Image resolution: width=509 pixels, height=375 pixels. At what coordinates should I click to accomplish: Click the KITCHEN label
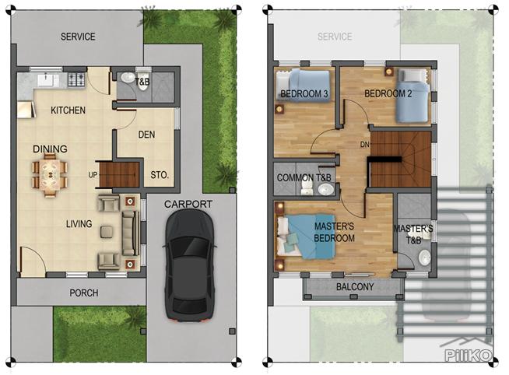tap(68, 110)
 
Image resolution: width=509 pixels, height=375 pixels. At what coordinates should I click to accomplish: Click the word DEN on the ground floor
tap(146, 135)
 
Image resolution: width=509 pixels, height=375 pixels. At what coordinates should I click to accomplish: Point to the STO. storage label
tap(159, 174)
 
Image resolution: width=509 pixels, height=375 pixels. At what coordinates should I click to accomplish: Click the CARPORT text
tap(188, 204)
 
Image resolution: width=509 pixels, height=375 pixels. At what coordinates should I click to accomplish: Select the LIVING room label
tap(79, 224)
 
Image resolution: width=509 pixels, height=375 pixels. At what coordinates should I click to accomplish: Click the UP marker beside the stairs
tap(93, 175)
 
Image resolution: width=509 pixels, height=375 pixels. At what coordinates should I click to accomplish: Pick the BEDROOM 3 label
tap(304, 95)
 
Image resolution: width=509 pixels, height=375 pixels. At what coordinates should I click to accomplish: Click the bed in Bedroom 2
tap(412, 96)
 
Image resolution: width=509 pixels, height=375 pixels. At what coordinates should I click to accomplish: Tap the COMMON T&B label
tap(306, 178)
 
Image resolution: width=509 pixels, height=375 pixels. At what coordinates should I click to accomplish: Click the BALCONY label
tap(355, 287)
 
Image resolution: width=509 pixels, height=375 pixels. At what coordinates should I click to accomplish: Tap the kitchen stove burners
tap(76, 79)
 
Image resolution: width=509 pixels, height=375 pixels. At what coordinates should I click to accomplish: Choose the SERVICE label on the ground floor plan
tap(78, 37)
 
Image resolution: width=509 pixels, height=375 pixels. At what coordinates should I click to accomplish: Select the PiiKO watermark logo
tap(467, 354)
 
